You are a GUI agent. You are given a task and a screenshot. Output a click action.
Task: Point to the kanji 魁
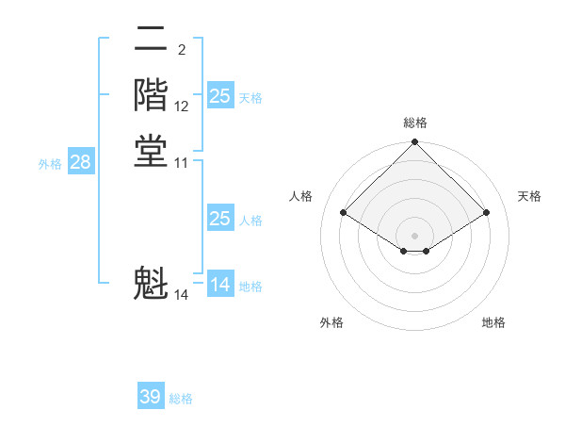tap(151, 284)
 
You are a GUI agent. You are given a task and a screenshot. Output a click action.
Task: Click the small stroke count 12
tap(182, 107)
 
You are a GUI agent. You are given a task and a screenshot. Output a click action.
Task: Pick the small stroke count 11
tap(182, 163)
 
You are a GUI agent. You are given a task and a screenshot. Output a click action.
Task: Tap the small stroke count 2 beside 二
tap(181, 50)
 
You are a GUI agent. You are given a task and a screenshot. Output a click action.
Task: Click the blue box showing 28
tap(80, 162)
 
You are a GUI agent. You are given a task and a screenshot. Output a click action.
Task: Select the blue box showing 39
tap(151, 397)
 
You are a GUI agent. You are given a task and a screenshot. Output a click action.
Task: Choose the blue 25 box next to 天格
tap(219, 95)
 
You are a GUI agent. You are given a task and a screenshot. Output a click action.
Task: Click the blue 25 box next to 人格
tap(219, 219)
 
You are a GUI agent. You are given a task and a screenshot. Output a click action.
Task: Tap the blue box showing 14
tap(219, 285)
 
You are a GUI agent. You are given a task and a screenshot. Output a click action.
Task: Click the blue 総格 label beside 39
tap(181, 399)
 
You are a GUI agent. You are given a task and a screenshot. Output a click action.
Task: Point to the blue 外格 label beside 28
tap(50, 163)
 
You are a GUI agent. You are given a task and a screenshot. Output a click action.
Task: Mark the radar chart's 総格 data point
tap(414, 143)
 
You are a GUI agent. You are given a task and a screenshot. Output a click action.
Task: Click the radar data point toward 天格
tap(487, 213)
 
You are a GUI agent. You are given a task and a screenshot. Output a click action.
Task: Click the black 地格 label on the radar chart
tap(493, 322)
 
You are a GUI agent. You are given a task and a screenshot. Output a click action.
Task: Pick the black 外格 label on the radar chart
tap(331, 322)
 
